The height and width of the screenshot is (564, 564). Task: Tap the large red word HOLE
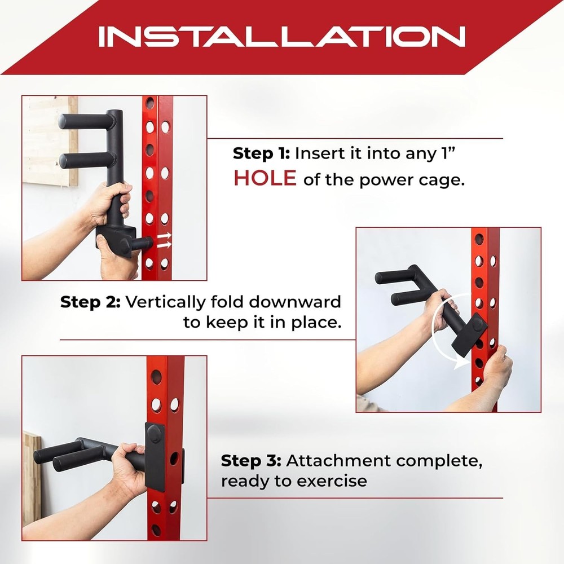(x=265, y=178)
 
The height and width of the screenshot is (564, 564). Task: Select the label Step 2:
(x=90, y=302)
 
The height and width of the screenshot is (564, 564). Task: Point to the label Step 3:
(x=250, y=461)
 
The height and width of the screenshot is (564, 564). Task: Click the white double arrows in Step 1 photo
(x=165, y=240)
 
